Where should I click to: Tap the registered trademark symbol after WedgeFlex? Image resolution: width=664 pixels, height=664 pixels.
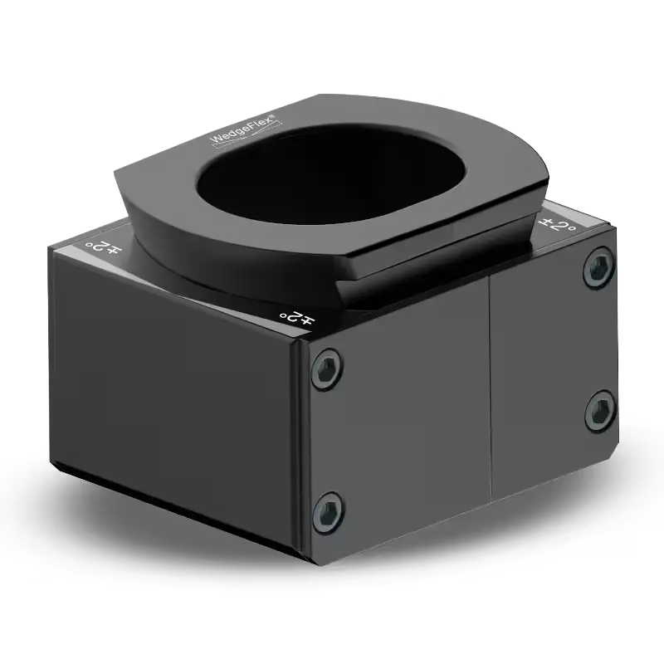click(273, 116)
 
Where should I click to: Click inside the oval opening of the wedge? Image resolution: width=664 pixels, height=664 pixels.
click(331, 173)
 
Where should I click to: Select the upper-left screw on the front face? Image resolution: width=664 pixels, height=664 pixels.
click(326, 369)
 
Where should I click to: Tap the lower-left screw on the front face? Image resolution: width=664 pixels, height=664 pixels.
click(328, 513)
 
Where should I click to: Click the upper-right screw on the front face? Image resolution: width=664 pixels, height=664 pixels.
click(599, 267)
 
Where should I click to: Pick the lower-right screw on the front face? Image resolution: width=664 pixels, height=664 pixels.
click(600, 411)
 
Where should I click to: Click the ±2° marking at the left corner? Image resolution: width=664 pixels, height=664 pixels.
click(103, 248)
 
